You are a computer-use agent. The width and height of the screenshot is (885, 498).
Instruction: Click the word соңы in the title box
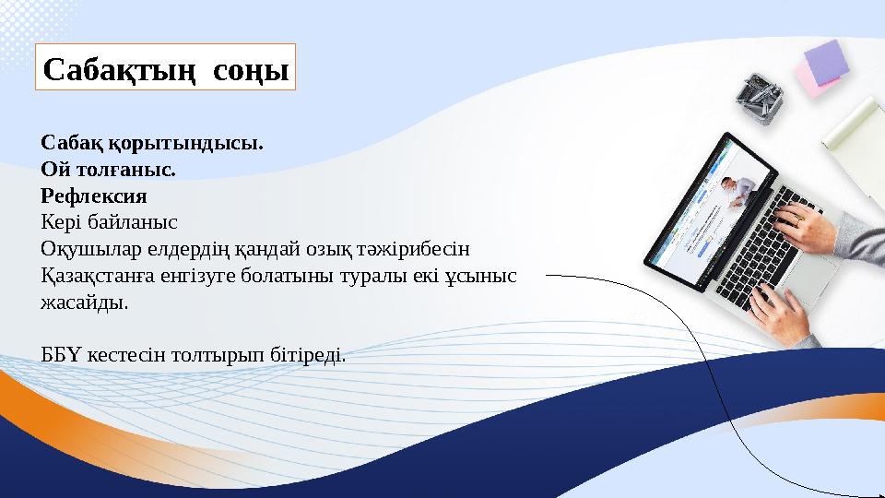point(250,68)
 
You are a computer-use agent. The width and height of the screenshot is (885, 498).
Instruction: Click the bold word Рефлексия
point(94,196)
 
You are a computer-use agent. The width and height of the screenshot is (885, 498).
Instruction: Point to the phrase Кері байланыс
point(109,222)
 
